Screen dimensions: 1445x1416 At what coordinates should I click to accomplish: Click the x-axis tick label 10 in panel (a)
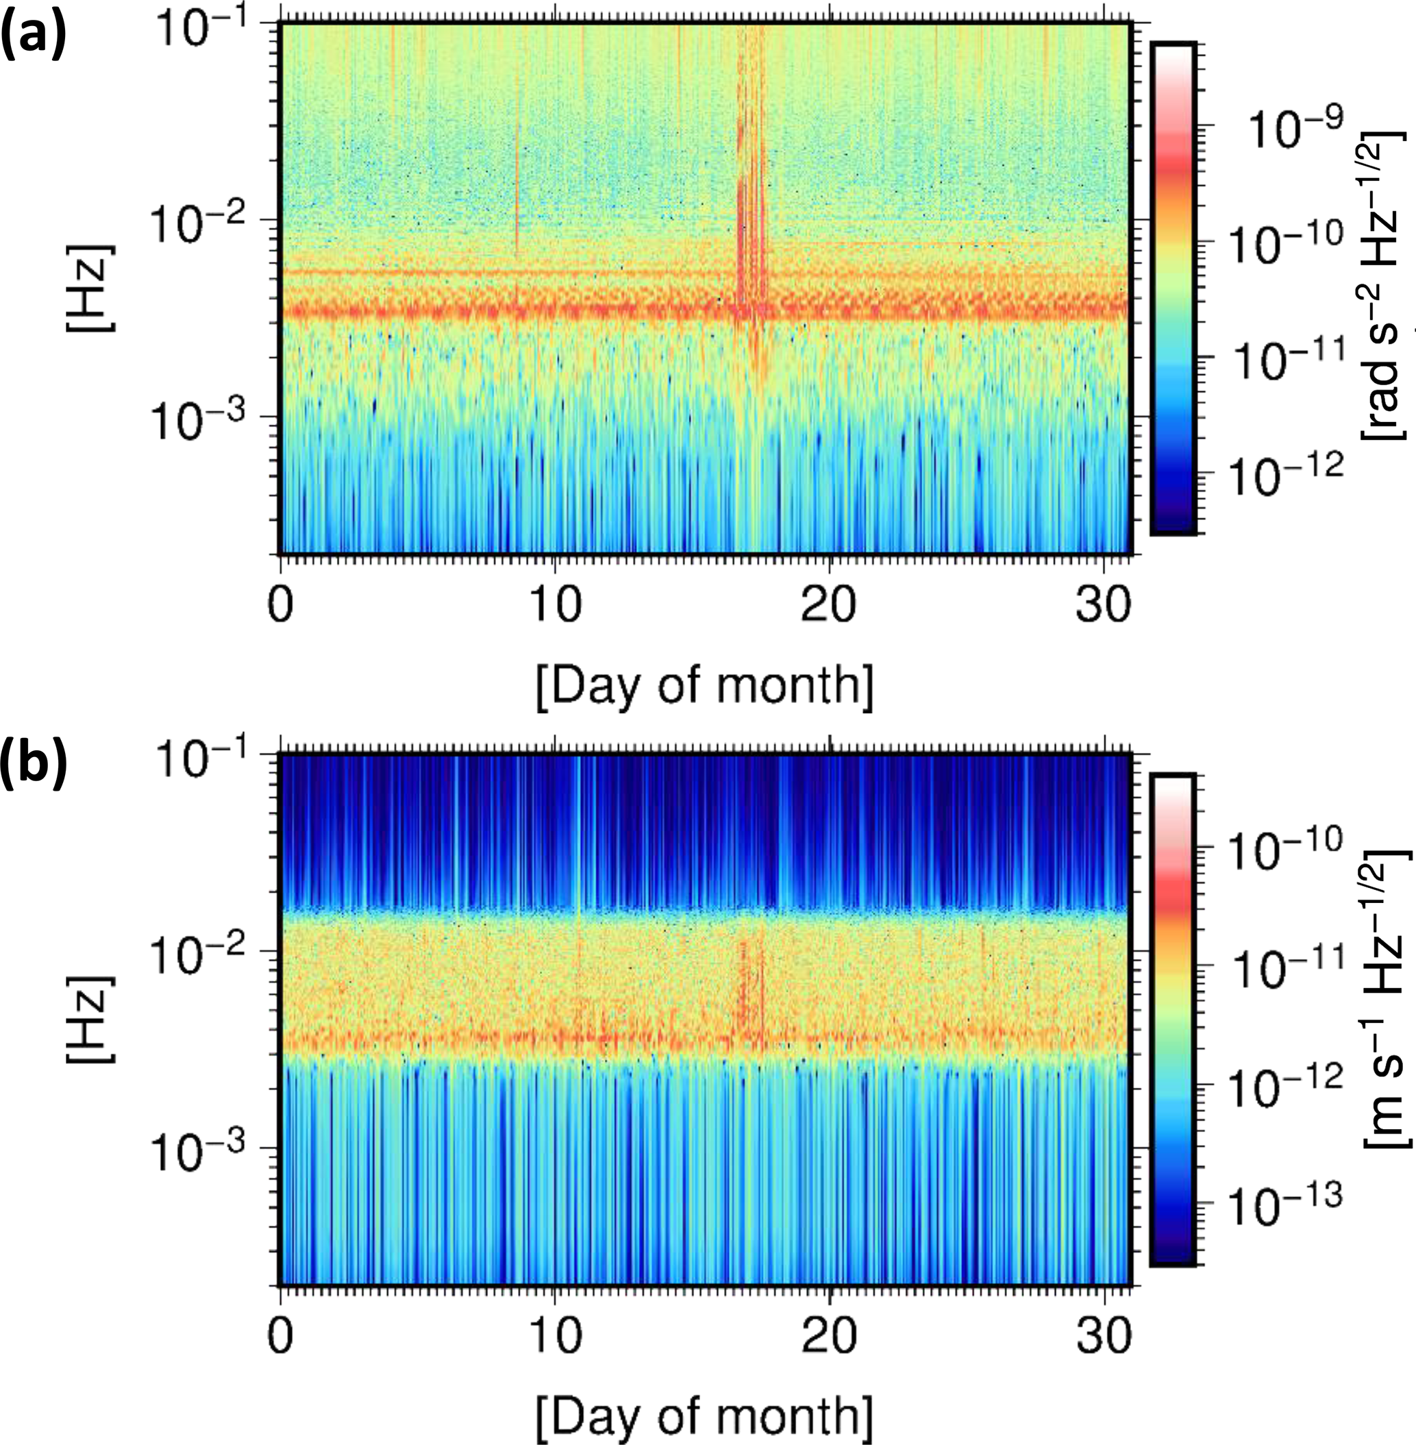click(x=555, y=606)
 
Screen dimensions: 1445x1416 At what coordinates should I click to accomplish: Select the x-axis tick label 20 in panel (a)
click(x=828, y=606)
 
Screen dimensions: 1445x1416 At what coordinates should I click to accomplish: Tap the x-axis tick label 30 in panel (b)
click(x=1104, y=1338)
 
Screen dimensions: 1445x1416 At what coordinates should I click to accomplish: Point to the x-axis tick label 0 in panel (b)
click(x=280, y=1338)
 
